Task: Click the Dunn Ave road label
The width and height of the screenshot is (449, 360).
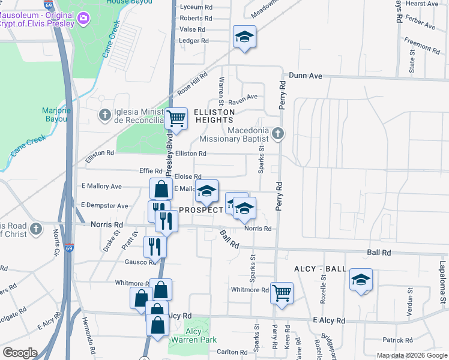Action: pyautogui.click(x=306, y=76)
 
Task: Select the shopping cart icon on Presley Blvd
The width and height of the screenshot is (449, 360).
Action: pyautogui.click(x=176, y=119)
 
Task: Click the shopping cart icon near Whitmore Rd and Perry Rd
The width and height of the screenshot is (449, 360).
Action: pyautogui.click(x=281, y=293)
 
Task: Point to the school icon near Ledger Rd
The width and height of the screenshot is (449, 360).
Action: pyautogui.click(x=244, y=37)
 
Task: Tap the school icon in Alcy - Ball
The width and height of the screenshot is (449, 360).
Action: pyautogui.click(x=361, y=280)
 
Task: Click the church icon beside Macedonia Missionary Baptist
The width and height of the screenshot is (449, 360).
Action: pyautogui.click(x=277, y=133)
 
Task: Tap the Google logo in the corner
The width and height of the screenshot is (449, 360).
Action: pyautogui.click(x=20, y=353)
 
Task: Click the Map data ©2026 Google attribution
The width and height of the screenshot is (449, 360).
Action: pyautogui.click(x=412, y=355)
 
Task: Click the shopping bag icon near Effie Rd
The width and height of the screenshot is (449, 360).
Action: pyautogui.click(x=161, y=189)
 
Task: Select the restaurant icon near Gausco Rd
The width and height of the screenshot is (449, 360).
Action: pyautogui.click(x=155, y=245)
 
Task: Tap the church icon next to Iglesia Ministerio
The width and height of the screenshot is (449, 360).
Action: pyautogui.click(x=104, y=113)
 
